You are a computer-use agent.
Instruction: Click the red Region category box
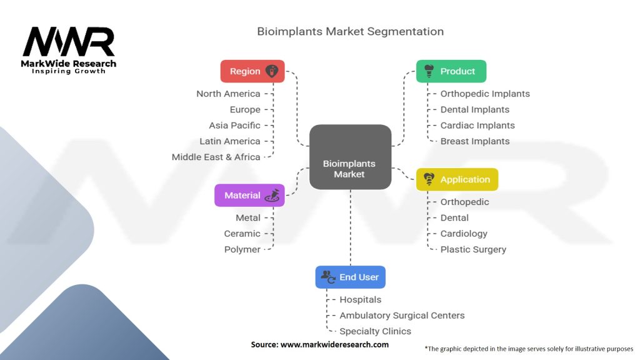[252, 71]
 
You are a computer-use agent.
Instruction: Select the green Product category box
[451, 71]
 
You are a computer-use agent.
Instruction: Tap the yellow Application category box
[457, 179]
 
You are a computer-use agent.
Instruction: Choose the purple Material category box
[249, 195]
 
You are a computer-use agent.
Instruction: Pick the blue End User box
[350, 277]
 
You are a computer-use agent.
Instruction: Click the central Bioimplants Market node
[349, 157]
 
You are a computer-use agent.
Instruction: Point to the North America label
[228, 94]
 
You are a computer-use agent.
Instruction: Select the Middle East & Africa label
[216, 157]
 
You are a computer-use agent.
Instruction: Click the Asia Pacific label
[234, 126]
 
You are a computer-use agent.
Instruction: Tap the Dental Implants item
[474, 109]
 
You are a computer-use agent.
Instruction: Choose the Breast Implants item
[474, 141]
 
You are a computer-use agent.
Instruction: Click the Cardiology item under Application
[464, 234]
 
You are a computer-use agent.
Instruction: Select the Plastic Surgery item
[473, 249]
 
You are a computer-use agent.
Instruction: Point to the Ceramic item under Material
[242, 234]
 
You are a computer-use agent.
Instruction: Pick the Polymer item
[242, 249]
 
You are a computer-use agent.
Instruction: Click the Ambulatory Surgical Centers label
[402, 316]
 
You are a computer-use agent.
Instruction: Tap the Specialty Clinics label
[375, 331]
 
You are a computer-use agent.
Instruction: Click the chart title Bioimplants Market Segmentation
[350, 31]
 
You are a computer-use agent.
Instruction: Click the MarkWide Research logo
[69, 50]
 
